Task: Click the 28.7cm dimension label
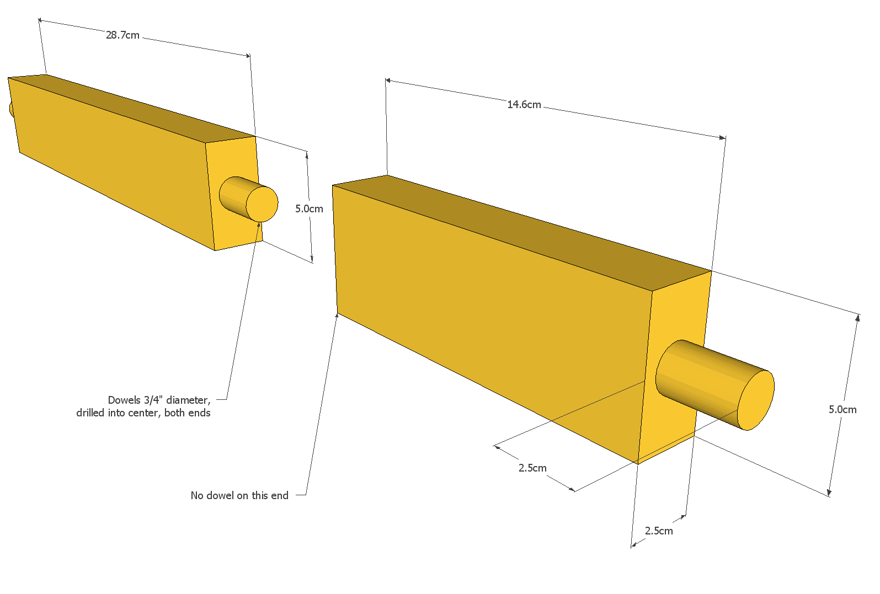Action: point(122,35)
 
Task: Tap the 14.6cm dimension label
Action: point(524,104)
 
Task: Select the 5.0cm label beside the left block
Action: point(309,208)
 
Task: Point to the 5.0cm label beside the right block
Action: point(842,409)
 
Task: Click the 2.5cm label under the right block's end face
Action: point(659,531)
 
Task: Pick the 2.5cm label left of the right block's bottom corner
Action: point(532,468)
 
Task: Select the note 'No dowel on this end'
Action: point(239,495)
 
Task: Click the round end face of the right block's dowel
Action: point(755,400)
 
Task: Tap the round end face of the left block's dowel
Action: point(262,204)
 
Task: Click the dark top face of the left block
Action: point(132,108)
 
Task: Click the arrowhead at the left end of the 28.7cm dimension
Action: point(40,20)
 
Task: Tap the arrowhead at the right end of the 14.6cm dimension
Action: point(723,137)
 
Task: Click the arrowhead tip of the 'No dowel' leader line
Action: point(337,314)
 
